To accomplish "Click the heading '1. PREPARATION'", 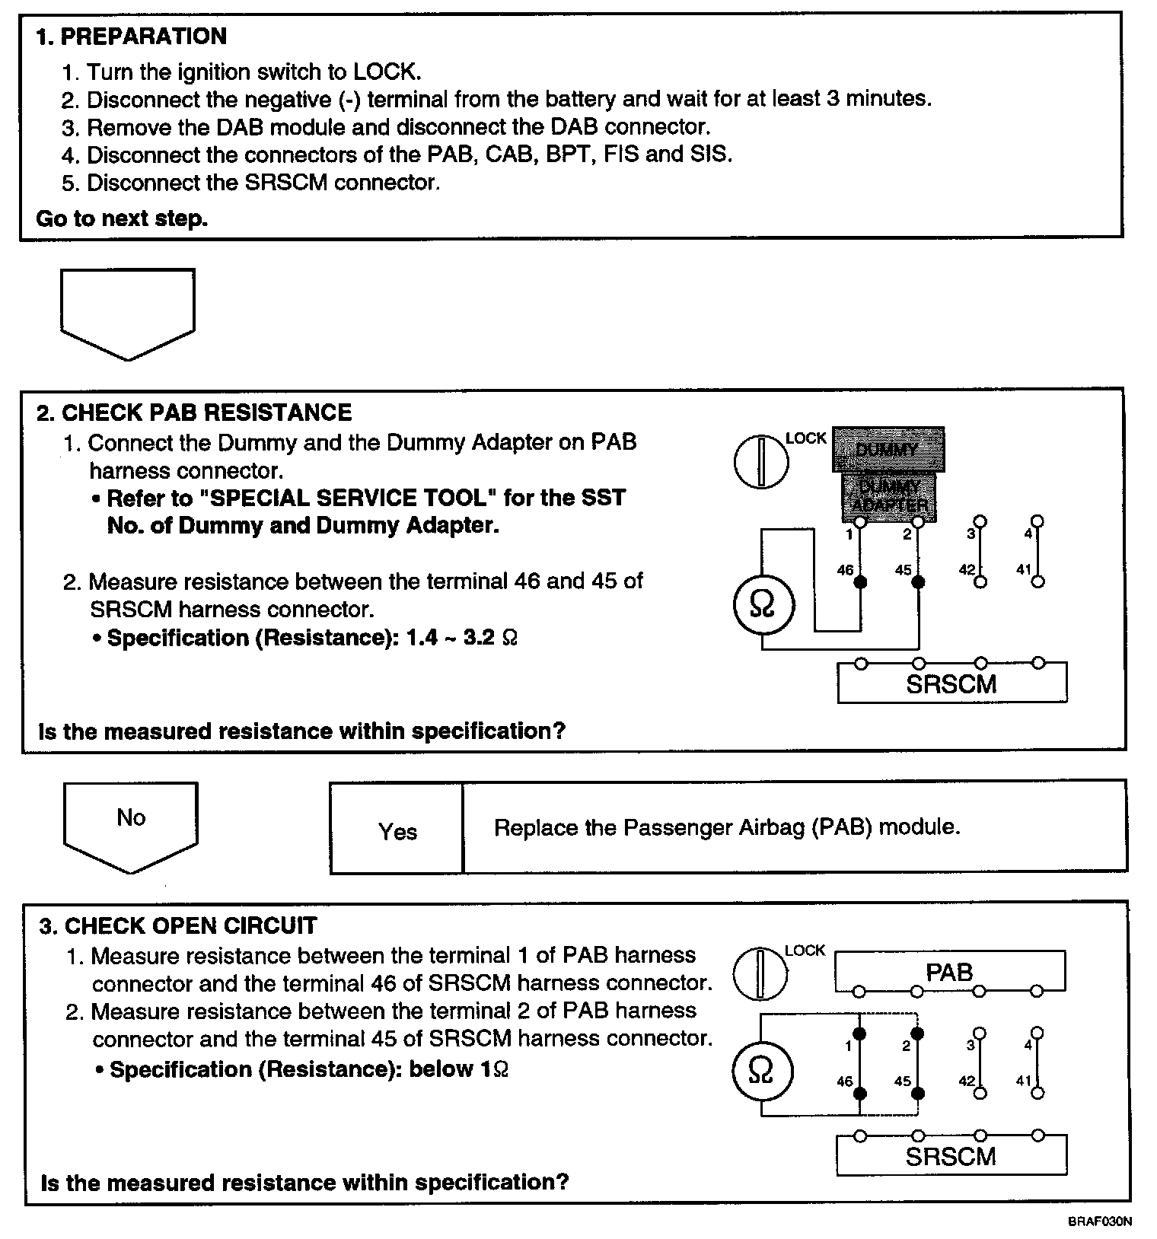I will coord(131,37).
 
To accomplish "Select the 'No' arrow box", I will coord(131,823).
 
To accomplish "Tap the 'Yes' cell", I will coord(397,831).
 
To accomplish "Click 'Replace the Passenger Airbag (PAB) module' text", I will coord(727,827).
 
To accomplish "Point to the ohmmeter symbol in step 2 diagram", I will coord(763,606).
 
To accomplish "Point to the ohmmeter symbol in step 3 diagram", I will coord(761,1072).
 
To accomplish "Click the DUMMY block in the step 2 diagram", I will coord(888,450).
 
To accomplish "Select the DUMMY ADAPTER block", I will coord(888,496).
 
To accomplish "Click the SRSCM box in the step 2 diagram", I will coord(951,684).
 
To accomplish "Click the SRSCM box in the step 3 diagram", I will coord(951,1157).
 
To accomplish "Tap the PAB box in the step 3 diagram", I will coord(949,973).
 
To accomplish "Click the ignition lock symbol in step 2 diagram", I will coord(761,461).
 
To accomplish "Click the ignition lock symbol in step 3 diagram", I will coord(760,973).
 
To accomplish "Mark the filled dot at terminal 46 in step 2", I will coord(861,582).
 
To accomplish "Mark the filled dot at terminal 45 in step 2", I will coord(919,582).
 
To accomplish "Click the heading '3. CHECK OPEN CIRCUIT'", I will coord(179,925).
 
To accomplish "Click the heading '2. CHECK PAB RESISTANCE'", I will coord(194,412).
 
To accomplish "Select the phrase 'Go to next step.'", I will coord(122,219).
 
